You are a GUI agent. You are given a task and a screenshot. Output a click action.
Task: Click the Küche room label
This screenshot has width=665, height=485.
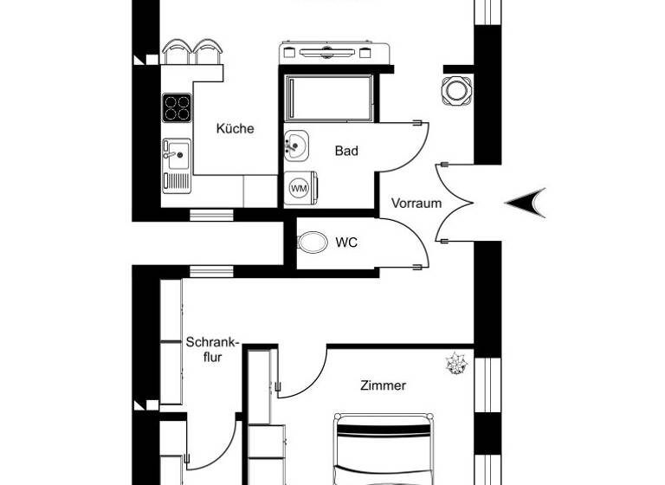[x=235, y=128]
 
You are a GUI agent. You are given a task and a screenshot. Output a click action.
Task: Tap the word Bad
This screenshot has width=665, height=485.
[x=346, y=151]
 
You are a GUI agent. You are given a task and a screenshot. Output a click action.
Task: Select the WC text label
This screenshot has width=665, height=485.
[x=346, y=242]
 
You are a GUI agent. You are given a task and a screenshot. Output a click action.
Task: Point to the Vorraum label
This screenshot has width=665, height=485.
[x=416, y=204]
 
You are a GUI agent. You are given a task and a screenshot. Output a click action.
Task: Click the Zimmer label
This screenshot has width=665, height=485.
[x=383, y=385]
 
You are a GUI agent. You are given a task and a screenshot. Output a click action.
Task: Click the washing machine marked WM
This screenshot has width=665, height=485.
[x=299, y=187]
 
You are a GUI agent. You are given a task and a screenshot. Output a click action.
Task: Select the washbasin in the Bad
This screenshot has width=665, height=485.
[x=295, y=145]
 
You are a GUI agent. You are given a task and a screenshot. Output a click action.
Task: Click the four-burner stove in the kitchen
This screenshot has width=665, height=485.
[x=177, y=107]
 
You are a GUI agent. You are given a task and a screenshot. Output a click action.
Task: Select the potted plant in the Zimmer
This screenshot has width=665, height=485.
[x=455, y=365]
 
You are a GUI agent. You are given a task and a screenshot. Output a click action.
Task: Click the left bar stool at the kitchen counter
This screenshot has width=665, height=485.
[x=176, y=52]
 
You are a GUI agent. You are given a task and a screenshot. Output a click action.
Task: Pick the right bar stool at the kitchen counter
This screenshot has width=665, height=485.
[x=206, y=52]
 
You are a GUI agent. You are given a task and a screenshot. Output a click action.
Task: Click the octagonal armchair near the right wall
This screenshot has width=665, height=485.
[x=455, y=89]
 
